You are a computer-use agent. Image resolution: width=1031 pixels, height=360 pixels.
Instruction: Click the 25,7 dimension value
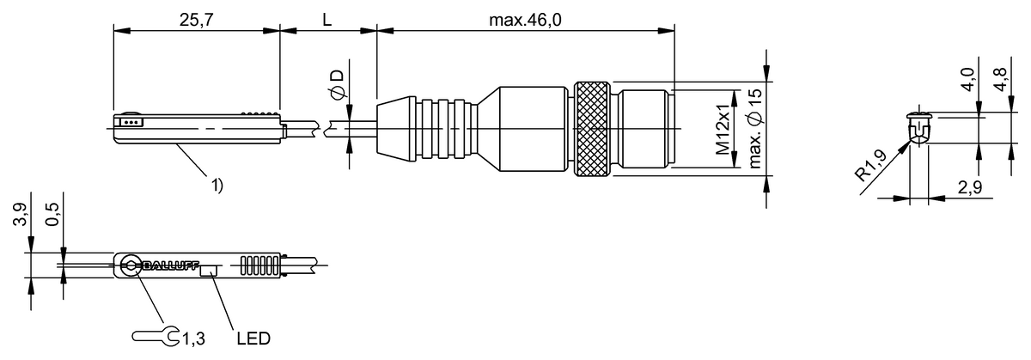[x=196, y=18]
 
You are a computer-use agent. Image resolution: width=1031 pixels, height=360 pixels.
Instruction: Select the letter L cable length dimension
[x=327, y=18]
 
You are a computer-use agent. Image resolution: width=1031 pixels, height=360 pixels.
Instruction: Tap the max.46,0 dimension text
[x=526, y=18]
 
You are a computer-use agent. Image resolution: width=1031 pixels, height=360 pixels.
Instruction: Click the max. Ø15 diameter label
[x=755, y=130]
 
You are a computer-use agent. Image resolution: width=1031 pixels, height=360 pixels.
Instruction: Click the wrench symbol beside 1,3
[x=156, y=336]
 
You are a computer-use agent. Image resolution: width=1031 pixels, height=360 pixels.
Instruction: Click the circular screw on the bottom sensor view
[x=131, y=265]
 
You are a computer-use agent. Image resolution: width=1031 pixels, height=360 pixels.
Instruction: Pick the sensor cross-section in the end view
[x=919, y=126]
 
